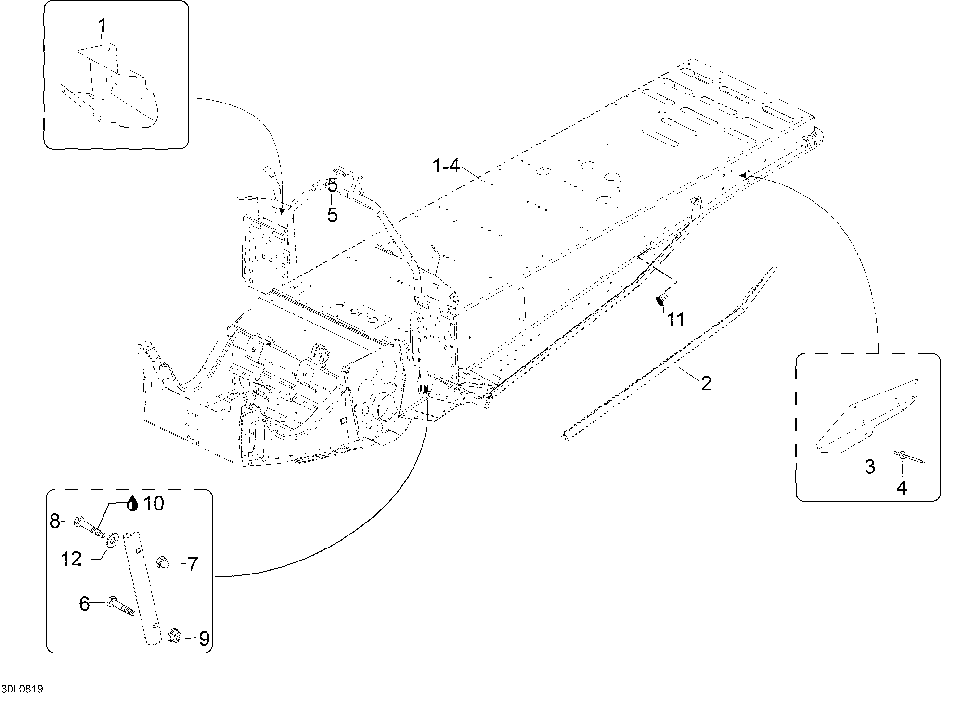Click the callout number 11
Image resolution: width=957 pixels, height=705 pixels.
(675, 319)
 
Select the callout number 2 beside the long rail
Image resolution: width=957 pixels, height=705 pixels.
(706, 384)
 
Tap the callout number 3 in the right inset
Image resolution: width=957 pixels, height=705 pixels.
(870, 467)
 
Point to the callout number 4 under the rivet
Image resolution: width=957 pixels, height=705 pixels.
(902, 487)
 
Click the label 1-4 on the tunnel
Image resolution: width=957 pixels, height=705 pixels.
(446, 167)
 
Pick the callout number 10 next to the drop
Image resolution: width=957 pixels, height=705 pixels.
(154, 504)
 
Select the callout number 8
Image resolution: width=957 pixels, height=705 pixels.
(55, 521)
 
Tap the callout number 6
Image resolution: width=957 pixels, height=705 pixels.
(84, 603)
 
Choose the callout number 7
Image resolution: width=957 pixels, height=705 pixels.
(192, 564)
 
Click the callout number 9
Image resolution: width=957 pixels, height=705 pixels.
(204, 639)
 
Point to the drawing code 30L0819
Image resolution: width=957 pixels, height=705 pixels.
(22, 689)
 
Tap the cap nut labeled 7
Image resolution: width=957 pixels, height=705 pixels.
(162, 562)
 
